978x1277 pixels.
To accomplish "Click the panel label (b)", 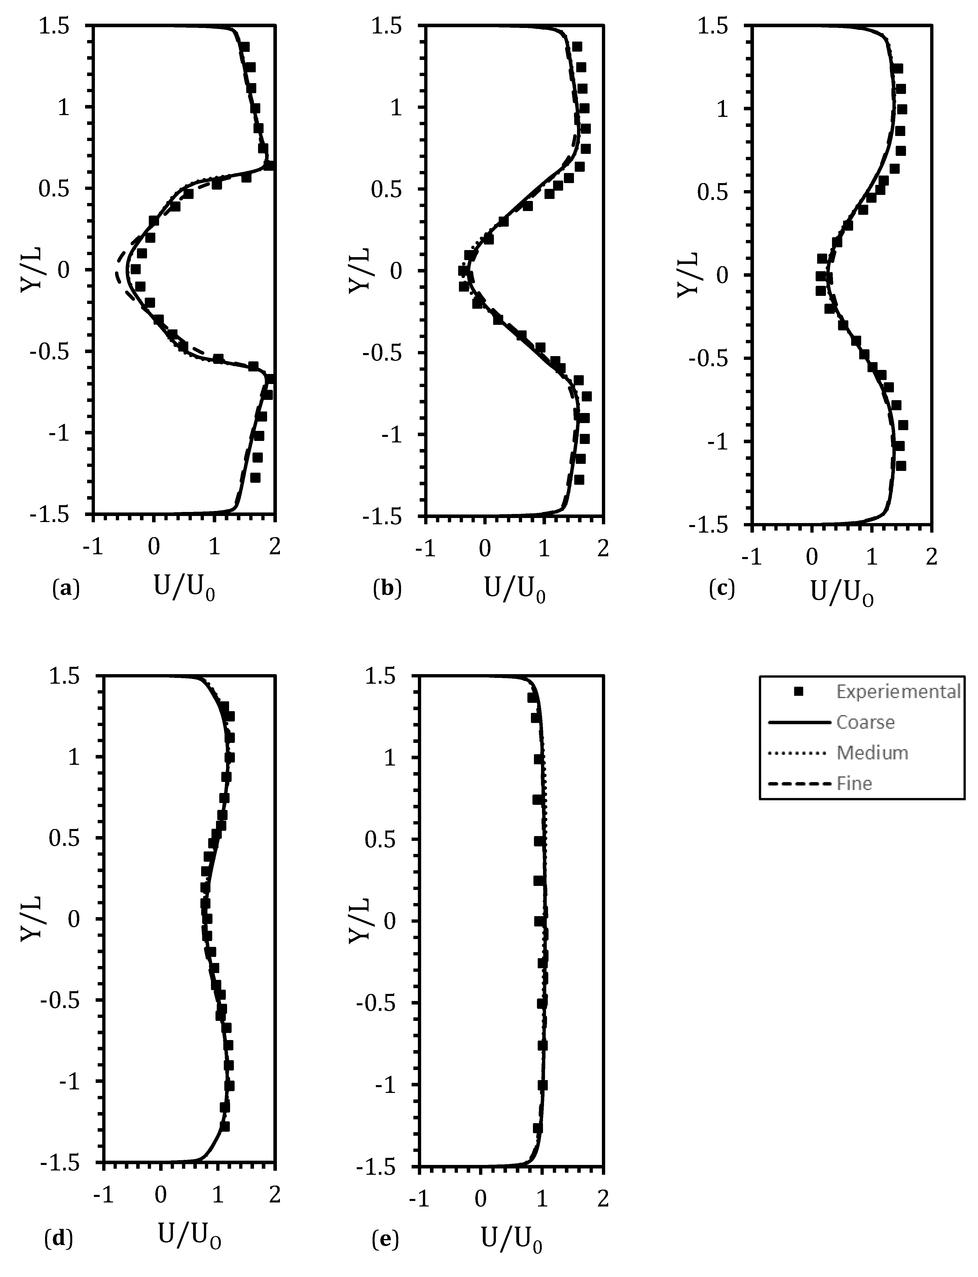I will (387, 590).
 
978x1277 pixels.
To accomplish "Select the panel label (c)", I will (722, 590).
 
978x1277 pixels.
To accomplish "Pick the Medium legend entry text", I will (872, 753).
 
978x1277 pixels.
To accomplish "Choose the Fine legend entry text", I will (854, 783).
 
